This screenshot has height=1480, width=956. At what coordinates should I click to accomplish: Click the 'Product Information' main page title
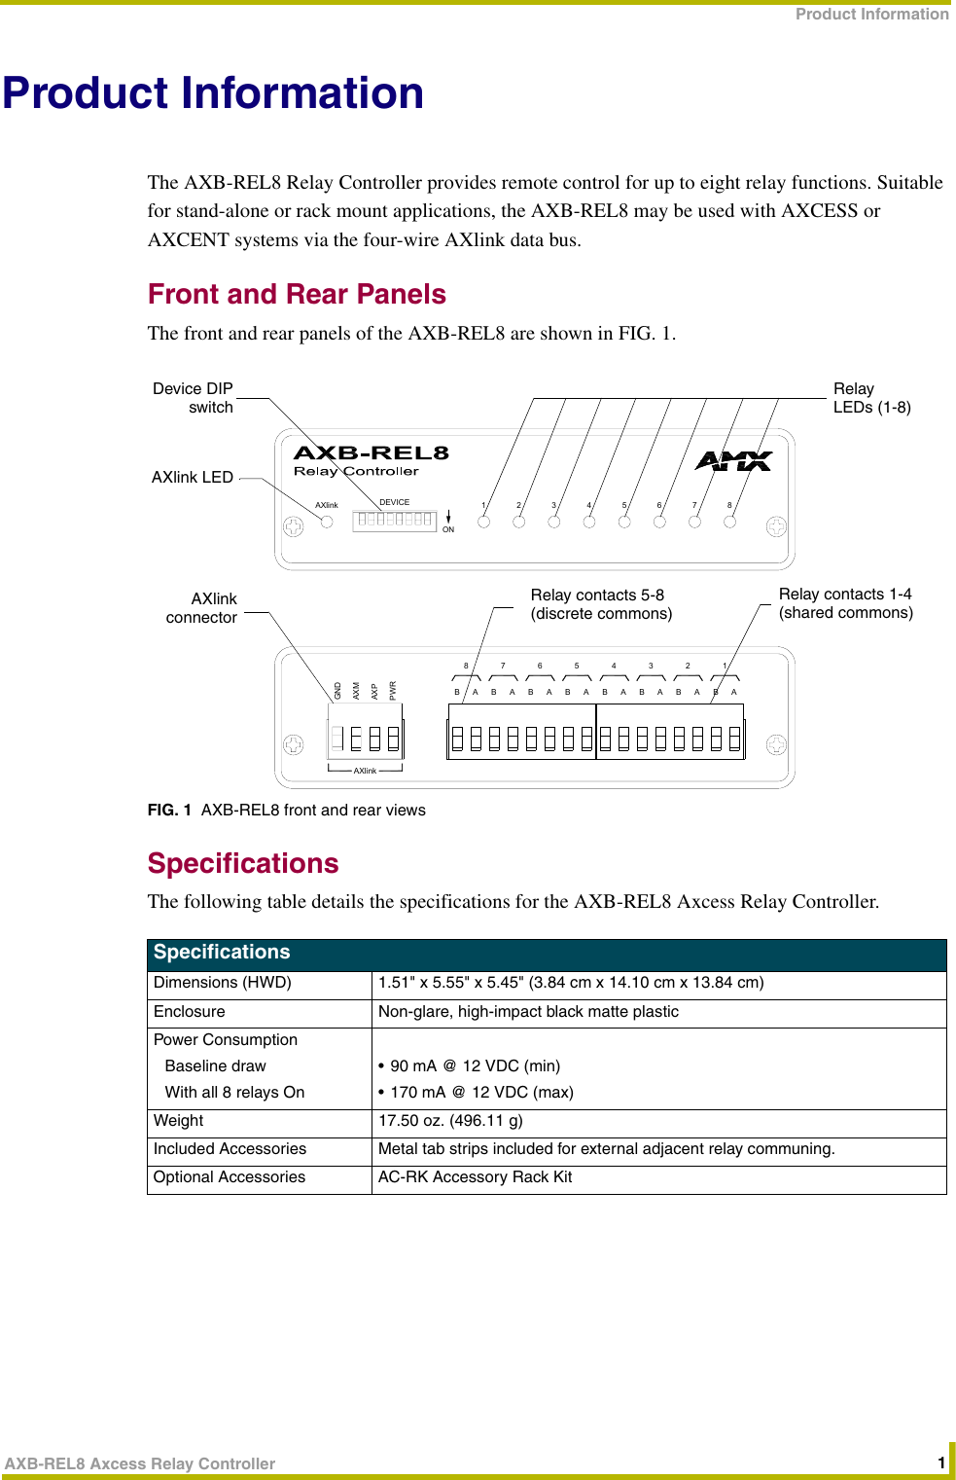(213, 93)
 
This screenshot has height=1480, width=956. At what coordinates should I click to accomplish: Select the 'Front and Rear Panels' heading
(297, 294)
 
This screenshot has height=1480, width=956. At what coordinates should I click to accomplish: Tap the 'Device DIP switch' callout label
(194, 397)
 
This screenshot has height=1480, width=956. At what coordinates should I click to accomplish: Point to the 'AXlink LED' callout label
(193, 477)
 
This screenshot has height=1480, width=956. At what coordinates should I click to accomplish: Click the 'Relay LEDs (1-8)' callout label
(871, 397)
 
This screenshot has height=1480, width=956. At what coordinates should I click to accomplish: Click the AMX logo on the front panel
(733, 461)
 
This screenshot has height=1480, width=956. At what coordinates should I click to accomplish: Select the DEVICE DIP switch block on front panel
(395, 520)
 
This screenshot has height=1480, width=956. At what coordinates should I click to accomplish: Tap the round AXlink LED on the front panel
(327, 522)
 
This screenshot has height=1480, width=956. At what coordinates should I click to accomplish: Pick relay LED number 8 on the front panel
(729, 522)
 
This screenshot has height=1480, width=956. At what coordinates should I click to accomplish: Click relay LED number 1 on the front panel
(484, 522)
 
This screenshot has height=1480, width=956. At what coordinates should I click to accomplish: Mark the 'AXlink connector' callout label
(202, 607)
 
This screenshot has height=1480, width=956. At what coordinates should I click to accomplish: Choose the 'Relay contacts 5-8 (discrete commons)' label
(601, 603)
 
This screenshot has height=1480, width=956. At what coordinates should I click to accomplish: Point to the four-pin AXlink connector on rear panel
(366, 739)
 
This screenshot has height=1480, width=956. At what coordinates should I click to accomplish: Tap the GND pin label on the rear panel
(338, 691)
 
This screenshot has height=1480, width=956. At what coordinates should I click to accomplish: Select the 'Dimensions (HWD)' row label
(223, 983)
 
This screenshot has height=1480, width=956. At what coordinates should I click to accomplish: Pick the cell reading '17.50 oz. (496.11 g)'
(450, 1121)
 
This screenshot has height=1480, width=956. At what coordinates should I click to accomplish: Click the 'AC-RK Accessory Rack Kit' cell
(475, 1177)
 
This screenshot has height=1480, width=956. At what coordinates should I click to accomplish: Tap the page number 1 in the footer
(940, 1462)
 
